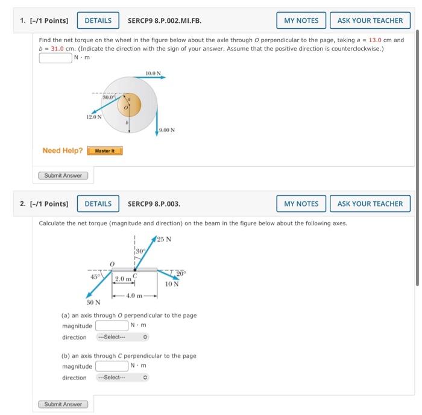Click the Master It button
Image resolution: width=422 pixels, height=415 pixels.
(x=105, y=151)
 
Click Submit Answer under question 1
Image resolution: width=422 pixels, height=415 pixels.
(x=63, y=176)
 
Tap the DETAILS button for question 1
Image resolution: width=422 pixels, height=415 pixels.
(x=98, y=20)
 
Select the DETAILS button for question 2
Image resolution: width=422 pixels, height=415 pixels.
(x=98, y=204)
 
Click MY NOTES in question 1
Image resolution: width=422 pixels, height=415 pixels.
(x=301, y=20)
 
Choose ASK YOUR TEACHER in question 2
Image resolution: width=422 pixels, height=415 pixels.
(x=370, y=204)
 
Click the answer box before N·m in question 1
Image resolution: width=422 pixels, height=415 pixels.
(x=55, y=58)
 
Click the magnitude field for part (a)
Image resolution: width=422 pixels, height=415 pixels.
(x=111, y=326)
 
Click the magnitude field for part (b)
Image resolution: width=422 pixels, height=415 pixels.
(x=111, y=366)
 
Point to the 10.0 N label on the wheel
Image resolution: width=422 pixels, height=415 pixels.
(x=153, y=73)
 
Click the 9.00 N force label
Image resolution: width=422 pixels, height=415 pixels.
(x=168, y=129)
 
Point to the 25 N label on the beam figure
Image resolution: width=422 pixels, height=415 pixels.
(x=165, y=239)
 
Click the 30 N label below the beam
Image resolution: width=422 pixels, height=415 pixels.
(x=93, y=303)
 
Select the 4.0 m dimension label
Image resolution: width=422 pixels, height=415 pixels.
(x=134, y=295)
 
